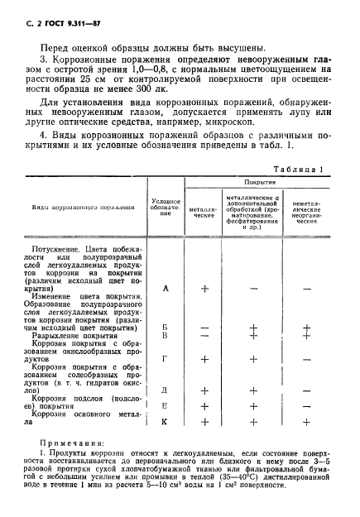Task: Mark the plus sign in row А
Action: click(204, 289)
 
